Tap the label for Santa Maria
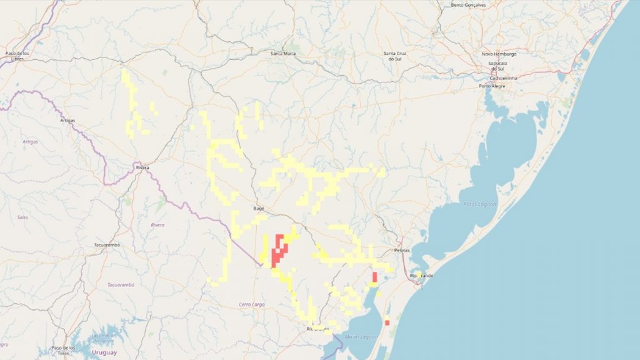(282, 54)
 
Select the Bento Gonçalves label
(472, 5)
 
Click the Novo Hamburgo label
(499, 54)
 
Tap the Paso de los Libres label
(18, 56)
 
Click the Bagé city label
(259, 207)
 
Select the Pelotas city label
(402, 250)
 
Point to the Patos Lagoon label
(480, 204)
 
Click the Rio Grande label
(422, 276)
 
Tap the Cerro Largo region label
(252, 304)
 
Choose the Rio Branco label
(317, 328)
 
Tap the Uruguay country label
(104, 353)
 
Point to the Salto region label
(22, 217)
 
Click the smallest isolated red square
(387, 322)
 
